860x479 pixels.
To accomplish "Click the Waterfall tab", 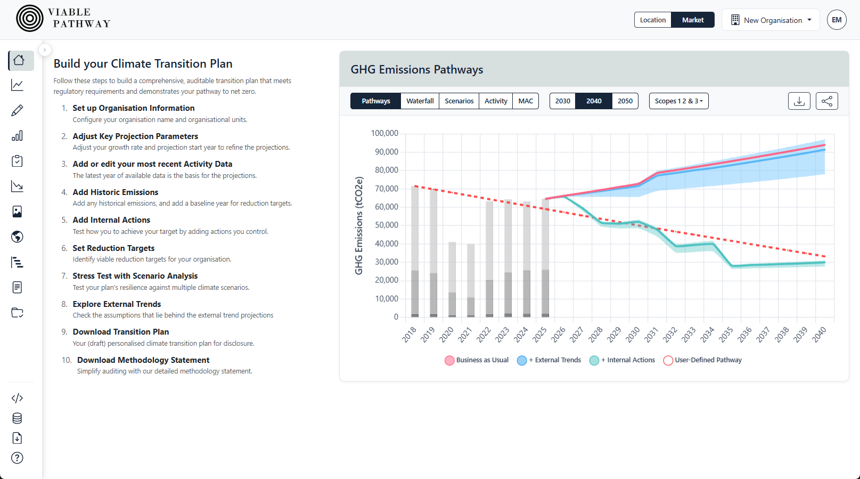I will pyautogui.click(x=420, y=101).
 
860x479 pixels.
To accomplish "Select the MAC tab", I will pyautogui.click(x=525, y=101).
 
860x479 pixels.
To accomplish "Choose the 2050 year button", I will pyautogui.click(x=625, y=101).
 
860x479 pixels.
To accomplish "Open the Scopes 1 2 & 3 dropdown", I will pyautogui.click(x=678, y=101).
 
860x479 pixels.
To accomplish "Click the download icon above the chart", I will pyautogui.click(x=799, y=101).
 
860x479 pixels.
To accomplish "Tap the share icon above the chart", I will pyautogui.click(x=826, y=101).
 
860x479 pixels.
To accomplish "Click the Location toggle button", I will pyautogui.click(x=652, y=20).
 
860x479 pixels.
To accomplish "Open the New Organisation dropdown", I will pyautogui.click(x=771, y=20).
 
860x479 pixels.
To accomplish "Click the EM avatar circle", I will pyautogui.click(x=836, y=20).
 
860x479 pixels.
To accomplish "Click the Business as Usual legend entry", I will pyautogui.click(x=477, y=360).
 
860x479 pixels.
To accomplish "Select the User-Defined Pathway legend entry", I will pyautogui.click(x=702, y=360).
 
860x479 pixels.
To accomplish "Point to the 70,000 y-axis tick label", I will pyautogui.click(x=386, y=189).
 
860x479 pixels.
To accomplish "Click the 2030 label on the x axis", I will pyautogui.click(x=633, y=335).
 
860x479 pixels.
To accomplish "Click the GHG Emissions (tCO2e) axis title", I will pyautogui.click(x=359, y=225).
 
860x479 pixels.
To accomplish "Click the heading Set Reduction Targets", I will pyautogui.click(x=113, y=248).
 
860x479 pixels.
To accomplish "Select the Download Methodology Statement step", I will pyautogui.click(x=143, y=360).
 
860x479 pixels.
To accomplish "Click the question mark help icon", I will pyautogui.click(x=17, y=458).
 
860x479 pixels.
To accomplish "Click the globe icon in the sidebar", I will pyautogui.click(x=17, y=237).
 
